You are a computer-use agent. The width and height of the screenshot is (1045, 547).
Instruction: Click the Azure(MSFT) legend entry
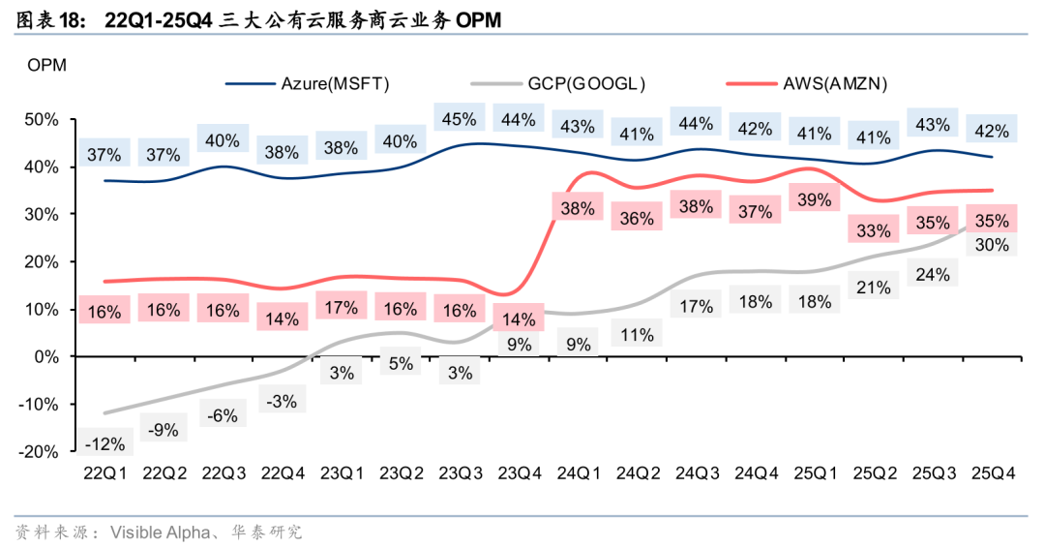coord(335,83)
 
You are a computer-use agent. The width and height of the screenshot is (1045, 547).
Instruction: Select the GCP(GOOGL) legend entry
coord(586,83)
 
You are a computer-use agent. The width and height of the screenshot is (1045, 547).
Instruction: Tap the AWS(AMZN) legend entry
coord(835,83)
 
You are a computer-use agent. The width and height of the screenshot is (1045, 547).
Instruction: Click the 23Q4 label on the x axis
coord(519,473)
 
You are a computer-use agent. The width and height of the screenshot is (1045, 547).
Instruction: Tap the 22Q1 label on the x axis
coord(104,473)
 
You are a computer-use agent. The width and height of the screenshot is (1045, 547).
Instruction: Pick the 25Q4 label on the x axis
coord(993,473)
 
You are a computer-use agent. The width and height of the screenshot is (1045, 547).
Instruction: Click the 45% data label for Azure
coord(460,119)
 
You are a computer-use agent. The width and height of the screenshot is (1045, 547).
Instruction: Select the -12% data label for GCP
coord(104,444)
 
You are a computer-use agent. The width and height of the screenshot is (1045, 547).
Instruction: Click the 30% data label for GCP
coord(993,245)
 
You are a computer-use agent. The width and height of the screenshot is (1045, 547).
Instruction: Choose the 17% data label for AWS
coord(341,309)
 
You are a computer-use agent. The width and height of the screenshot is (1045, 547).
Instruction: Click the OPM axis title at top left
coord(46,66)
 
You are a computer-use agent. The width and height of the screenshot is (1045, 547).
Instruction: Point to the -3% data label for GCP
coord(282,400)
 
